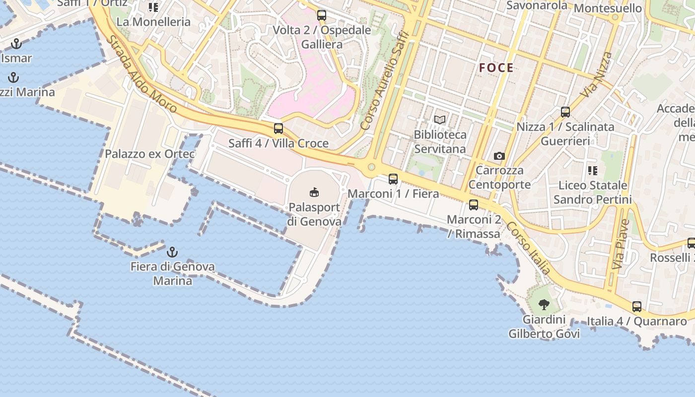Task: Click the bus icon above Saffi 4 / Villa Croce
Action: [x=278, y=129]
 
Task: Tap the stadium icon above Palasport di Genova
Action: [x=314, y=192]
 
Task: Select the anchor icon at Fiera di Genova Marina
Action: [x=172, y=252]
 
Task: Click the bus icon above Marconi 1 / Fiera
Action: [x=393, y=179]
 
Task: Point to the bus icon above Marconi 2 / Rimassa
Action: [x=474, y=204]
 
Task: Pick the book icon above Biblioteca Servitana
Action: [x=440, y=120]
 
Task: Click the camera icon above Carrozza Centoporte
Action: [x=499, y=156]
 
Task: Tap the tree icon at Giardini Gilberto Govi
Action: [x=544, y=304]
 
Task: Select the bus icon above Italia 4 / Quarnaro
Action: [x=637, y=307]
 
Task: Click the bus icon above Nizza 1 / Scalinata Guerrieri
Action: [x=565, y=112]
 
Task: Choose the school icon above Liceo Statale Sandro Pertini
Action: [x=592, y=171]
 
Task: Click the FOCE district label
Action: [x=496, y=68]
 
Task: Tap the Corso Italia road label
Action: [x=529, y=248]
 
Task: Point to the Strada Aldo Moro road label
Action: [x=141, y=74]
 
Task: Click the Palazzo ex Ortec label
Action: [x=149, y=154]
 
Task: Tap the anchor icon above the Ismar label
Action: [x=16, y=44]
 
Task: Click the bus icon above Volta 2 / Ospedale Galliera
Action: [x=322, y=15]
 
